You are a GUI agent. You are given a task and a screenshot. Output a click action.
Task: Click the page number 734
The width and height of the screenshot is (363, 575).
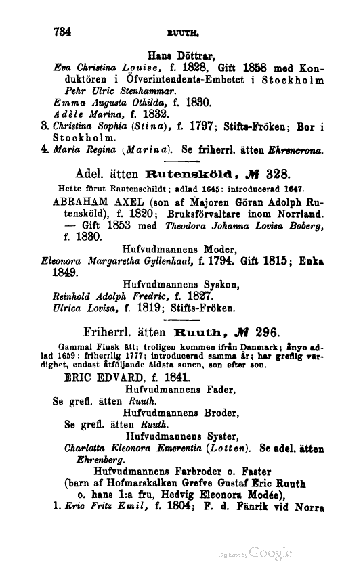click(x=61, y=30)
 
